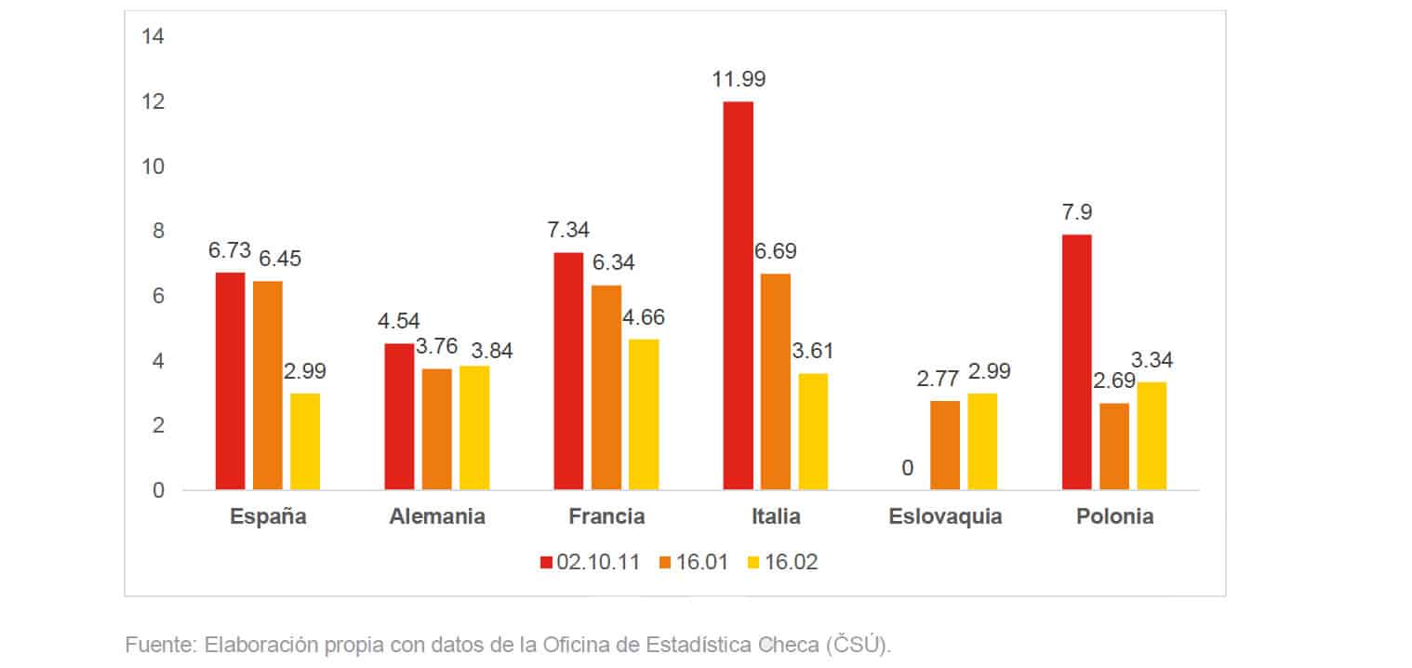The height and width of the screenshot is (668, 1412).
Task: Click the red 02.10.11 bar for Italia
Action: pos(738,296)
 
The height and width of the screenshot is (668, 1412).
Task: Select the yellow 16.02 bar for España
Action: pos(305,441)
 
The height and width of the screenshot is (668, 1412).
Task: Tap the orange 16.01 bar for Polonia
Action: pos(1114,447)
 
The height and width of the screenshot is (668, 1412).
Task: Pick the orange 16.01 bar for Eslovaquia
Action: pos(945,445)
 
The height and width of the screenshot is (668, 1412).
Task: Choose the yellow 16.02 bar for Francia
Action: pos(644,414)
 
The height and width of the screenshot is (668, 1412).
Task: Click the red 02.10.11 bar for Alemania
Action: pos(399,416)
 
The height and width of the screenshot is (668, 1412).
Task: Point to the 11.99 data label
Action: pos(739,80)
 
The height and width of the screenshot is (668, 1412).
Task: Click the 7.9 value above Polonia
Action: pos(1077,212)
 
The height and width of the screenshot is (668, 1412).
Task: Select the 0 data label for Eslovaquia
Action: pos(907,468)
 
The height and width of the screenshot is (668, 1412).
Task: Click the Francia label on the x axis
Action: pos(606,517)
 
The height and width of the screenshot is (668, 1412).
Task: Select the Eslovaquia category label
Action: pos(945,517)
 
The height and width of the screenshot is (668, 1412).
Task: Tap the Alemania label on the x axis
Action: pos(437,517)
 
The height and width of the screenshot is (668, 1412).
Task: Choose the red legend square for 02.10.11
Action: pos(547,562)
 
